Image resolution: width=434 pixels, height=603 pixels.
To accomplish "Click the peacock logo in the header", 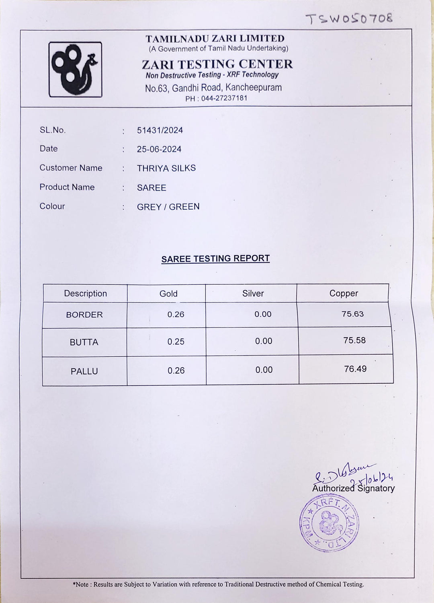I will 75,70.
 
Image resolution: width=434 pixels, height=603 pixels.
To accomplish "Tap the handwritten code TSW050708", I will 349,19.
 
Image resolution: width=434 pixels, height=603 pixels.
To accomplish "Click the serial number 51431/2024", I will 160,130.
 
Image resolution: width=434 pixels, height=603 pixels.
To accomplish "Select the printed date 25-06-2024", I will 159,149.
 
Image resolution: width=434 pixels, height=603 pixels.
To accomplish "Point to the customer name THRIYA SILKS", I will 166,168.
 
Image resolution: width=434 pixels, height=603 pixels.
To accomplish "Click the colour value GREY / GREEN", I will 168,207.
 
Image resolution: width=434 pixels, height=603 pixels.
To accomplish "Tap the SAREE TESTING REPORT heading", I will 215,259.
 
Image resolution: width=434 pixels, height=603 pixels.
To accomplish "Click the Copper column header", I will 344,294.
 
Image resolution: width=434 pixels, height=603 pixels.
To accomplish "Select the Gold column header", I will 168,294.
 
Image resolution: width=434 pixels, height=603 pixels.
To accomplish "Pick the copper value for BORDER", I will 352,314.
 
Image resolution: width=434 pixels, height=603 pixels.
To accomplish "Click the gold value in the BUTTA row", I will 176,342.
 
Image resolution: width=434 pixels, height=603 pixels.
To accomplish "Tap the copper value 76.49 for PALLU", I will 355,369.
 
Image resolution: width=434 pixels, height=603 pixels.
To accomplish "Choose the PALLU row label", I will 84,371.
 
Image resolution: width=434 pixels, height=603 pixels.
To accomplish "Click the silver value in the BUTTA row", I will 264,341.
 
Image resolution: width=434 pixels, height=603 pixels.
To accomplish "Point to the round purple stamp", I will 329,523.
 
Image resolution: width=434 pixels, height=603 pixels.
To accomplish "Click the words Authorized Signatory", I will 353,488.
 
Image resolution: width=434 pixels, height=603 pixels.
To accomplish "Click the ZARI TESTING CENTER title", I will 217,64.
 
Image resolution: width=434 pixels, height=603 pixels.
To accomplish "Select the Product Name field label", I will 67,187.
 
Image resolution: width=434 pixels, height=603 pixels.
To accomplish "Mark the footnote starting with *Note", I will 218,584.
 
